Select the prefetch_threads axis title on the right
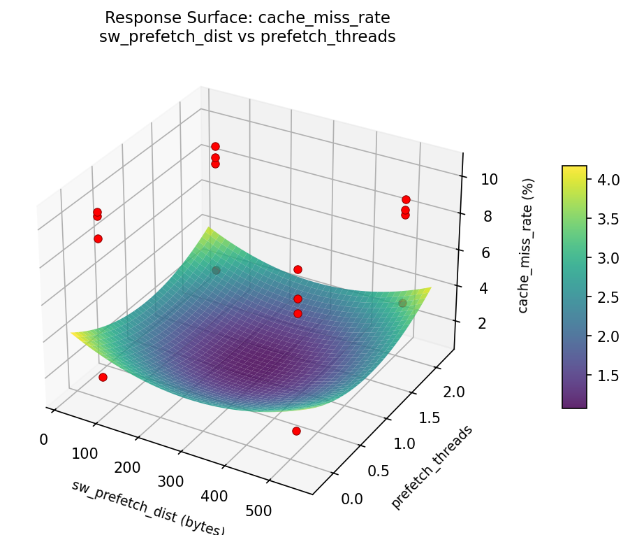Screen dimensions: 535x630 [431, 466]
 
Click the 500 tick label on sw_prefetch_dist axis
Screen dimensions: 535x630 [258, 511]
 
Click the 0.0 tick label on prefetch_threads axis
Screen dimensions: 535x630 [352, 498]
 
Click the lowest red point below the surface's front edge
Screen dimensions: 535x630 [296, 431]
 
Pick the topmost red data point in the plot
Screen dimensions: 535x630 [215, 146]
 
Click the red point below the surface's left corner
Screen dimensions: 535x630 [103, 377]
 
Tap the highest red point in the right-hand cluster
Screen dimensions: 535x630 [406, 199]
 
